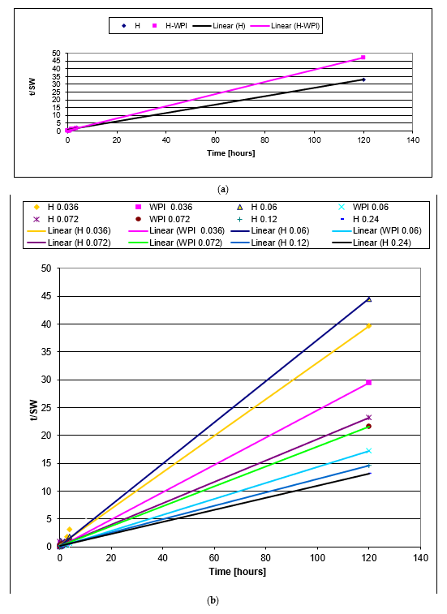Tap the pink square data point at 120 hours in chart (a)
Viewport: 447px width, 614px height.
tap(363, 58)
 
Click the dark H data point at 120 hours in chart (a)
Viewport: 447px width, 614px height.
tap(363, 79)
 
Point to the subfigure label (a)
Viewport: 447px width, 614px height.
tap(223, 188)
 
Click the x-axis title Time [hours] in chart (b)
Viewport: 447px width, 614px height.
tap(239, 572)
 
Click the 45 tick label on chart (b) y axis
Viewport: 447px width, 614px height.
tap(46, 296)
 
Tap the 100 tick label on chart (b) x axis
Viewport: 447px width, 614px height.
tap(317, 559)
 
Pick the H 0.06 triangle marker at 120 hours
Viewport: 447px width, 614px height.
tap(369, 299)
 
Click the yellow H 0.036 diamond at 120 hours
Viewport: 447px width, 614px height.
tap(369, 326)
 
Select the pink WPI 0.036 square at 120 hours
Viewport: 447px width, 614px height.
tap(369, 383)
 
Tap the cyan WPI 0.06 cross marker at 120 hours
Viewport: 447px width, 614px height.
tap(369, 451)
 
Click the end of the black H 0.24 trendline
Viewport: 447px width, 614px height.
tap(370, 473)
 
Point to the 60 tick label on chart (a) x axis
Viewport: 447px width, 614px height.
tap(216, 140)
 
